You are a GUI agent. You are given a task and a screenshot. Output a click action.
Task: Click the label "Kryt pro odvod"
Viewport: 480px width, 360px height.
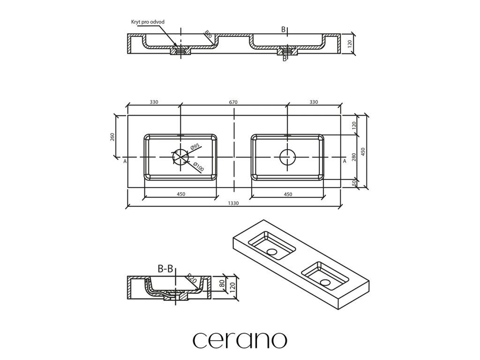pyautogui.click(x=147, y=22)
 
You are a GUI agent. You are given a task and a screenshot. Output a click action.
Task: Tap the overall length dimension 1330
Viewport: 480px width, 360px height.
pyautogui.click(x=234, y=203)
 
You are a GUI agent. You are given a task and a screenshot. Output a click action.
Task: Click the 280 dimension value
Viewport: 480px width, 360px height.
pyautogui.click(x=354, y=157)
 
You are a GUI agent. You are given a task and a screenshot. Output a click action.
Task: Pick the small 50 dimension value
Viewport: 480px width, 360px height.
pyautogui.click(x=354, y=183)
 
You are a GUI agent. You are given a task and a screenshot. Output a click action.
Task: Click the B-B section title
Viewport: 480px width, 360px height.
pyautogui.click(x=165, y=269)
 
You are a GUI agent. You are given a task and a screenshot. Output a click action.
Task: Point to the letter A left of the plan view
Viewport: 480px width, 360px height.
pyautogui.click(x=125, y=161)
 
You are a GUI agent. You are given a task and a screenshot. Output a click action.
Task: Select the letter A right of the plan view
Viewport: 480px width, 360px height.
pyautogui.click(x=345, y=161)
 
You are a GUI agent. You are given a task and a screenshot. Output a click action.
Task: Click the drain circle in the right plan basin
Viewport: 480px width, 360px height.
pyautogui.click(x=287, y=157)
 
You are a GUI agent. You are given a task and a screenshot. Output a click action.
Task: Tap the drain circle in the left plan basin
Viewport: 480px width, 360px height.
pyautogui.click(x=180, y=157)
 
